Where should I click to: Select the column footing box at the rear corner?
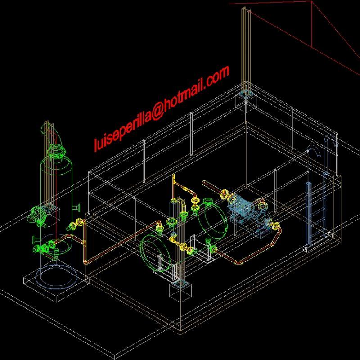(246, 99)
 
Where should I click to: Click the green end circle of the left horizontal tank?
(157, 254)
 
